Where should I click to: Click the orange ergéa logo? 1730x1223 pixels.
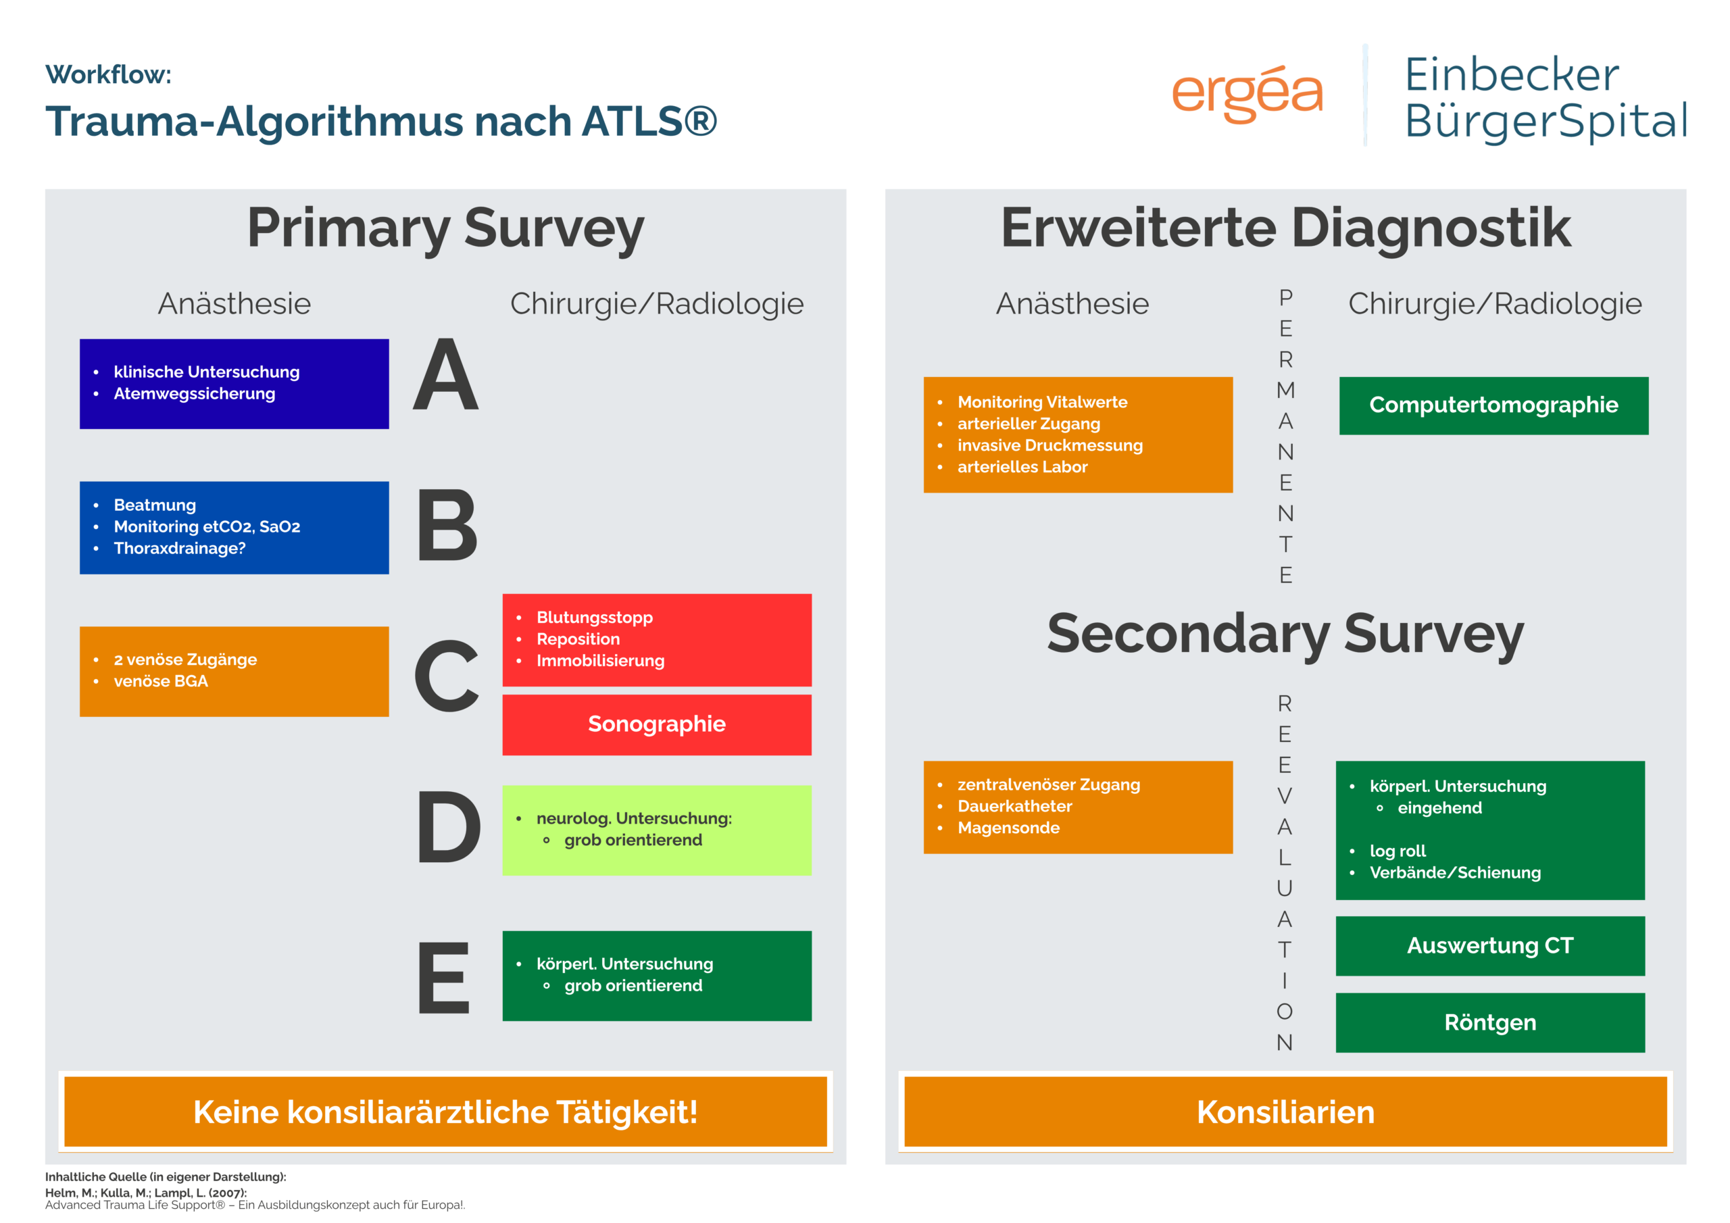click(1247, 93)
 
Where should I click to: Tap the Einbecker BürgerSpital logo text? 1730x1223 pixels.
click(1546, 97)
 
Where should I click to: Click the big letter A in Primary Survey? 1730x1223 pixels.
click(446, 374)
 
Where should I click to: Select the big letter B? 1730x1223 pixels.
click(447, 524)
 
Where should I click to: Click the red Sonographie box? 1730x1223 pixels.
click(657, 725)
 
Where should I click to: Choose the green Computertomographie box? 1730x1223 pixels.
click(1493, 405)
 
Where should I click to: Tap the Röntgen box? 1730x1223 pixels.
click(1490, 1022)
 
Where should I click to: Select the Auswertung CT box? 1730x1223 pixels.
click(1490, 946)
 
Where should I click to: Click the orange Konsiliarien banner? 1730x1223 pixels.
click(1285, 1112)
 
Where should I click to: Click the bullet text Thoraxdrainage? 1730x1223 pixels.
click(179, 549)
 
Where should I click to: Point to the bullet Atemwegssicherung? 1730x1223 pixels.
click(195, 394)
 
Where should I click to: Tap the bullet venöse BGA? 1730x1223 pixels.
click(160, 681)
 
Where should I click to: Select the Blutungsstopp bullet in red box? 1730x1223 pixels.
click(595, 618)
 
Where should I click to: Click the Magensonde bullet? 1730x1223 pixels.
click(1008, 828)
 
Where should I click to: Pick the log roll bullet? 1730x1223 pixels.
click(1398, 851)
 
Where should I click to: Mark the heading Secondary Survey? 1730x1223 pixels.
click(1285, 634)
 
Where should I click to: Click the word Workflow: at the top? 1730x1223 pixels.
click(109, 74)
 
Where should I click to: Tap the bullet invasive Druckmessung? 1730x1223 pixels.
click(1049, 445)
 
